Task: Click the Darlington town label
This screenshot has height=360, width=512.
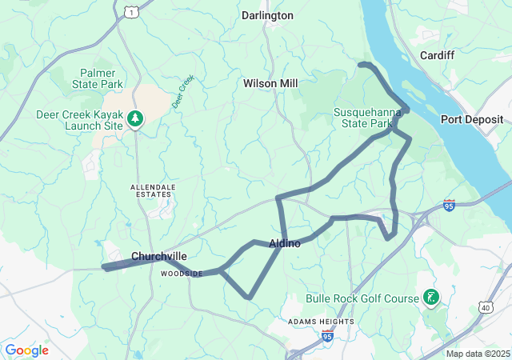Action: tap(267, 15)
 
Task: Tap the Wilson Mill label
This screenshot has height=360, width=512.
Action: tap(270, 83)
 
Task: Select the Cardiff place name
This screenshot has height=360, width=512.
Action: tap(437, 55)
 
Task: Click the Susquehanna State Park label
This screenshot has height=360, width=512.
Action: tap(367, 118)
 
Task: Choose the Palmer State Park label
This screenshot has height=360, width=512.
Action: tap(97, 78)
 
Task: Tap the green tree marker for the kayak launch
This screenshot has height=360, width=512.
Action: tap(135, 119)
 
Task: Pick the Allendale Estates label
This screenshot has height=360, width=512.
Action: tap(151, 190)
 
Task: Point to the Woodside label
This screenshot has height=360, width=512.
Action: tap(182, 274)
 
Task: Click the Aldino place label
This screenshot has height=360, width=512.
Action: tap(285, 243)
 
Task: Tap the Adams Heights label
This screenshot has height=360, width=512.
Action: tap(321, 322)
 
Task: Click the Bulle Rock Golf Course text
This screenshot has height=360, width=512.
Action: tap(362, 298)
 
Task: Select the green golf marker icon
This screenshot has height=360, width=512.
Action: tap(431, 298)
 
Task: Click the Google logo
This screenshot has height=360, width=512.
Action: tap(26, 350)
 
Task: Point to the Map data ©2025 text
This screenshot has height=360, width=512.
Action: tap(478, 354)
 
